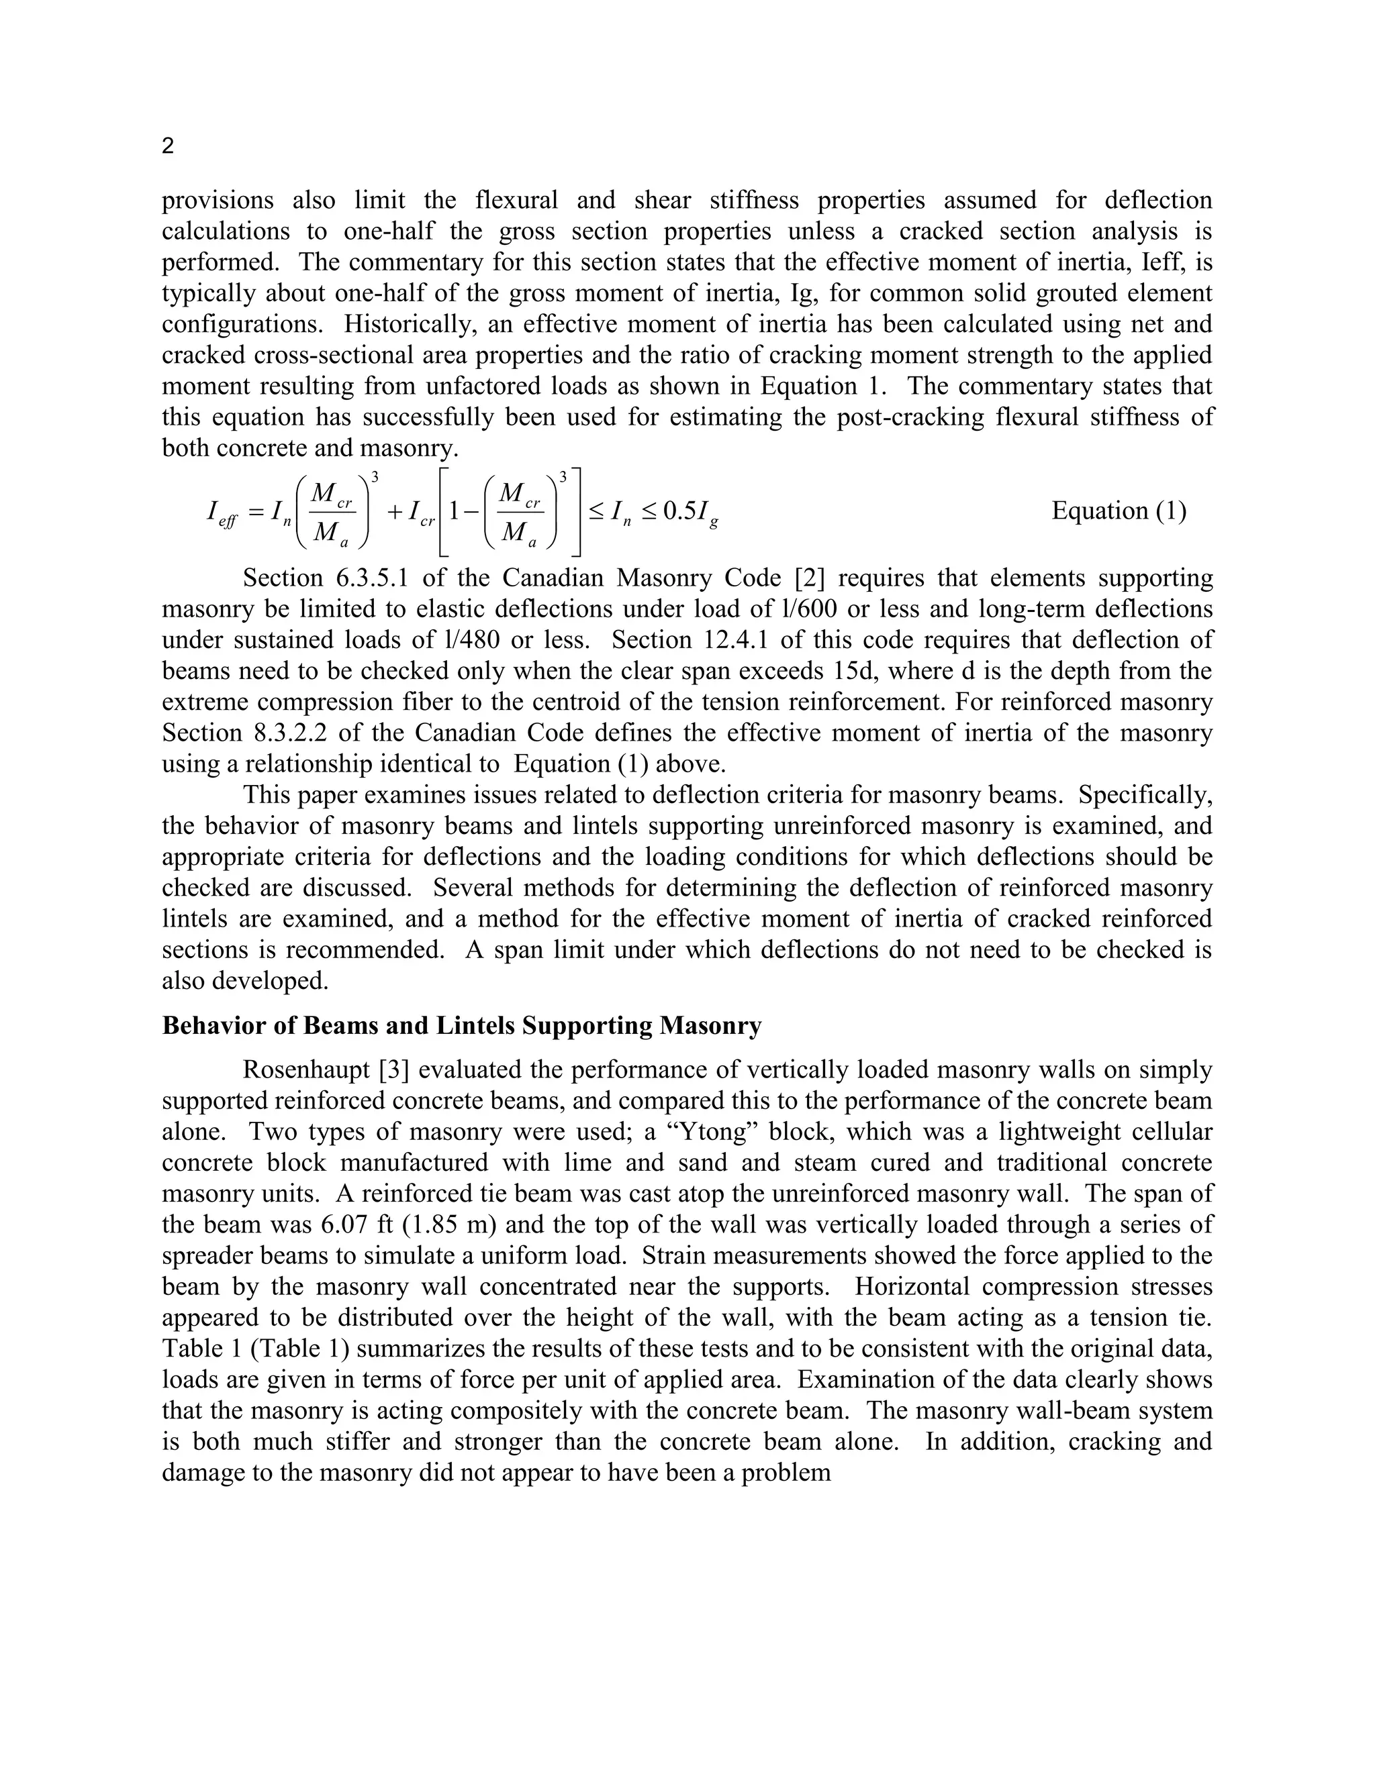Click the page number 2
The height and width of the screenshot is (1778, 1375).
click(168, 146)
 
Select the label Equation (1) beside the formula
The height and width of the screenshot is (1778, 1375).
click(1119, 511)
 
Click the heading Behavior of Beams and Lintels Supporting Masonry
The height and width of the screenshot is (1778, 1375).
click(461, 1026)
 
